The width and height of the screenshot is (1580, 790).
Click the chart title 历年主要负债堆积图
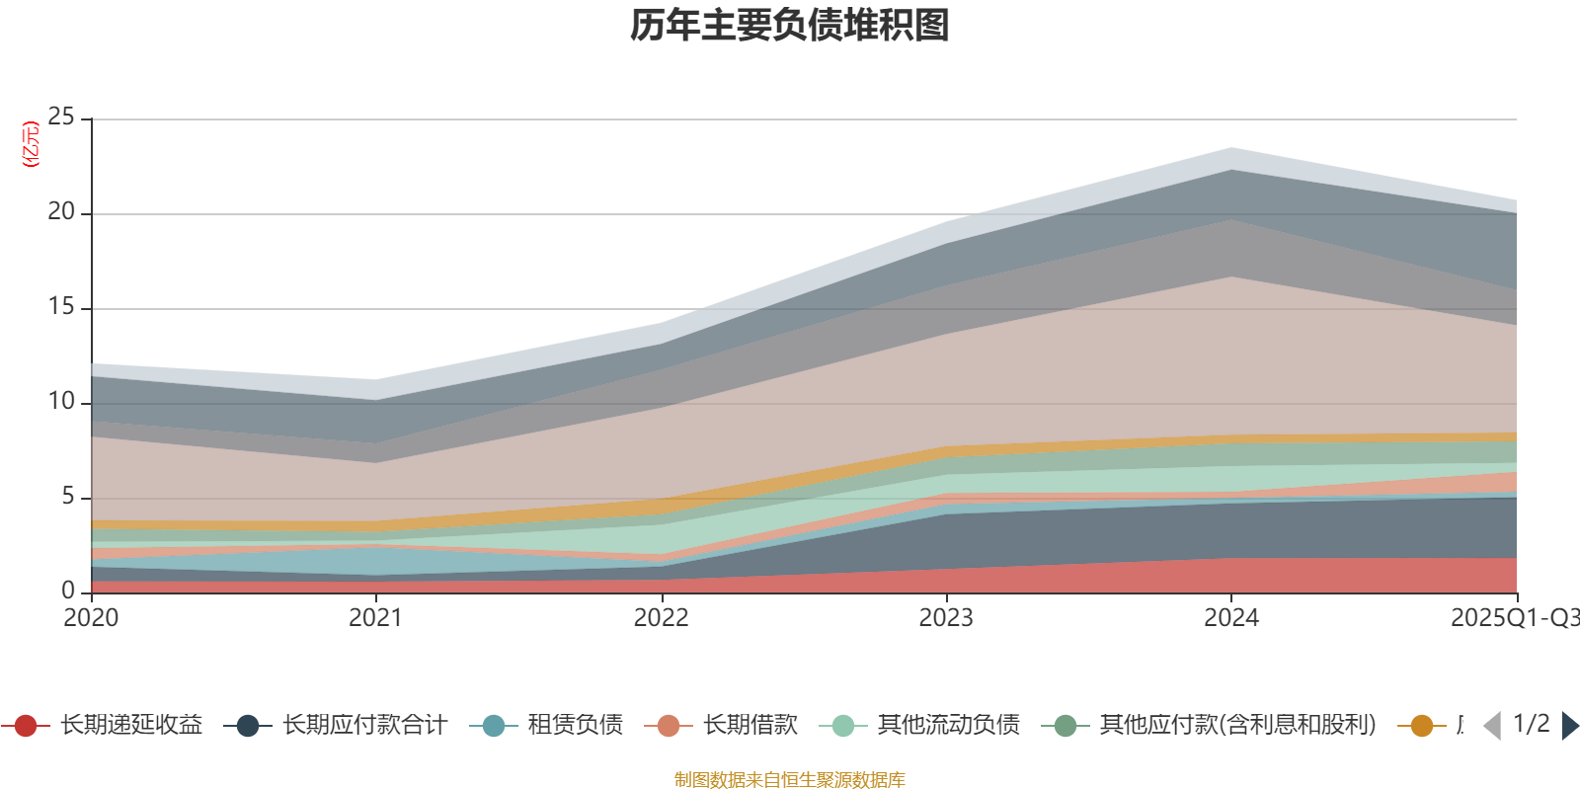[790, 26]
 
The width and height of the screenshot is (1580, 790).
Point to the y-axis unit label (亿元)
[32, 144]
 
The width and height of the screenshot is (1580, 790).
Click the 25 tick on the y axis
[61, 118]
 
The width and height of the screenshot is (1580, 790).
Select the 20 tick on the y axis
[61, 212]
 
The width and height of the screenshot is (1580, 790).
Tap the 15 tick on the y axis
[61, 307]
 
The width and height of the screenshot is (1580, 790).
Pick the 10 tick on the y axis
[61, 402]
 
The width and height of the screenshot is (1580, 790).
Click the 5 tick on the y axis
[67, 497]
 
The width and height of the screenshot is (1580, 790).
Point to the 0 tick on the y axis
[67, 591]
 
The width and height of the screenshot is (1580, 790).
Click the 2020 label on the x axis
[91, 618]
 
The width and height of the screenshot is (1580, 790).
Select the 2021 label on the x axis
[375, 618]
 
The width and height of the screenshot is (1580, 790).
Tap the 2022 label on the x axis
[661, 618]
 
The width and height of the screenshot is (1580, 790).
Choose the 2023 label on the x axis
[946, 618]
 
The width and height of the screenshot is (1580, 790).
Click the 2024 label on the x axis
[1230, 618]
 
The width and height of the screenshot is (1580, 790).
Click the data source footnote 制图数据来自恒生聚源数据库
[790, 780]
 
